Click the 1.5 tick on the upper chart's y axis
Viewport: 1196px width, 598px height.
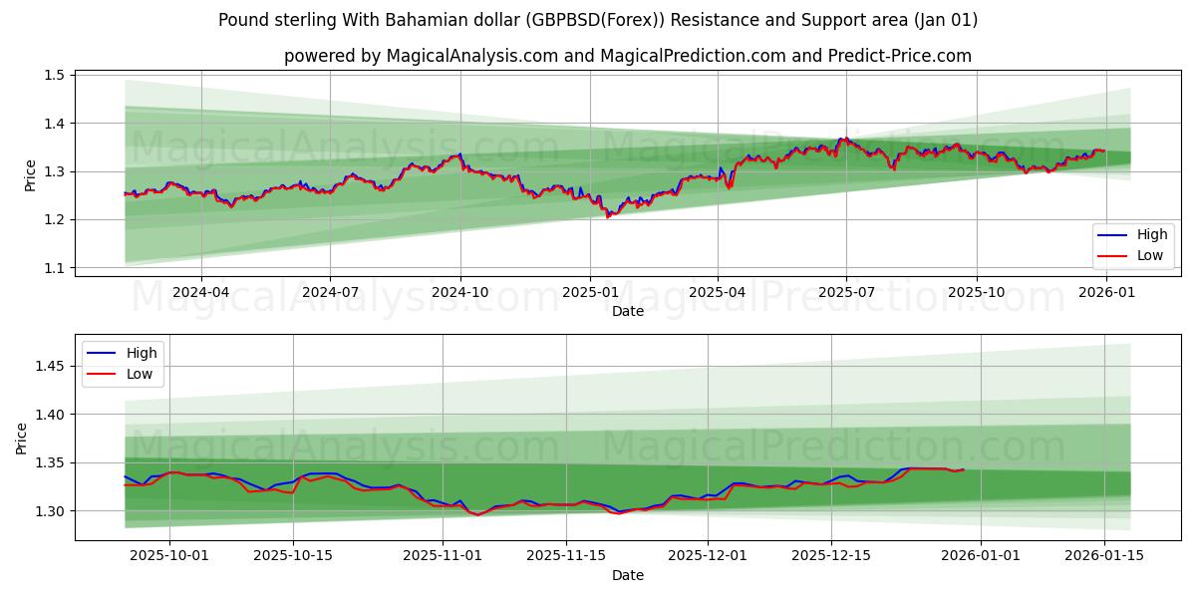54,75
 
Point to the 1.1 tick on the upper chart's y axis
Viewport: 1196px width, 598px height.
54,268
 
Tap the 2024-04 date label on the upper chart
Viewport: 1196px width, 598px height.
201,292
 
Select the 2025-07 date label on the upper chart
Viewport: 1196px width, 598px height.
846,292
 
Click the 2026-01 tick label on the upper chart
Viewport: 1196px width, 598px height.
1105,292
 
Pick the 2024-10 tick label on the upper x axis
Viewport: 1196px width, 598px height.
459,292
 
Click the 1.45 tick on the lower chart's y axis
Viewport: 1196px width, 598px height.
50,367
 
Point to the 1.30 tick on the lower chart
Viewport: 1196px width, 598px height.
50,511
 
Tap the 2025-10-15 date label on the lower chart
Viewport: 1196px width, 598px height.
293,556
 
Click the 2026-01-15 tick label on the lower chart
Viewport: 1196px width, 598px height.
1104,556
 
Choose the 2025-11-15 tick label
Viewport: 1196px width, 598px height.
566,556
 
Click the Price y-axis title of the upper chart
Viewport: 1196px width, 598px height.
30,174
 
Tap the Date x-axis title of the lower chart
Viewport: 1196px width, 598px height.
628,575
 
